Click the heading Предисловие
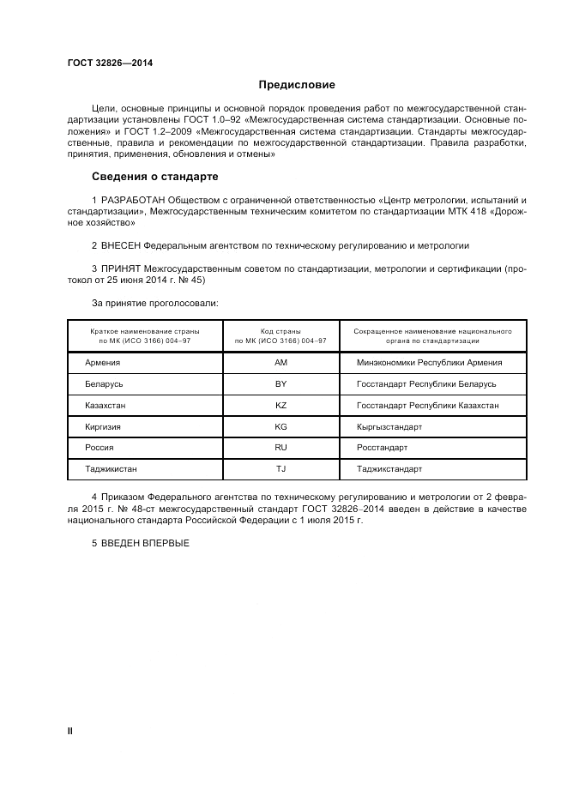[x=297, y=86]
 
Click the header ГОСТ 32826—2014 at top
[x=104, y=63]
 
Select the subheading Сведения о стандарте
[x=155, y=178]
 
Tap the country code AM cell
[x=280, y=363]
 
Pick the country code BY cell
[x=280, y=384]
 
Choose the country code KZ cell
[x=280, y=406]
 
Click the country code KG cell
[x=280, y=426]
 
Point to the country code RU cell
[x=280, y=448]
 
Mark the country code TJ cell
[x=280, y=469]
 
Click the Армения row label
[x=103, y=363]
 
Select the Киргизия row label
[x=103, y=426]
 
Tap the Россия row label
[x=100, y=448]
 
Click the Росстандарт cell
[x=382, y=448]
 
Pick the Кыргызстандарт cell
[x=389, y=426]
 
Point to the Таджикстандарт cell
[x=389, y=469]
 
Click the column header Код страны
[x=280, y=330]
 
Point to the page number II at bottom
[x=69, y=730]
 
